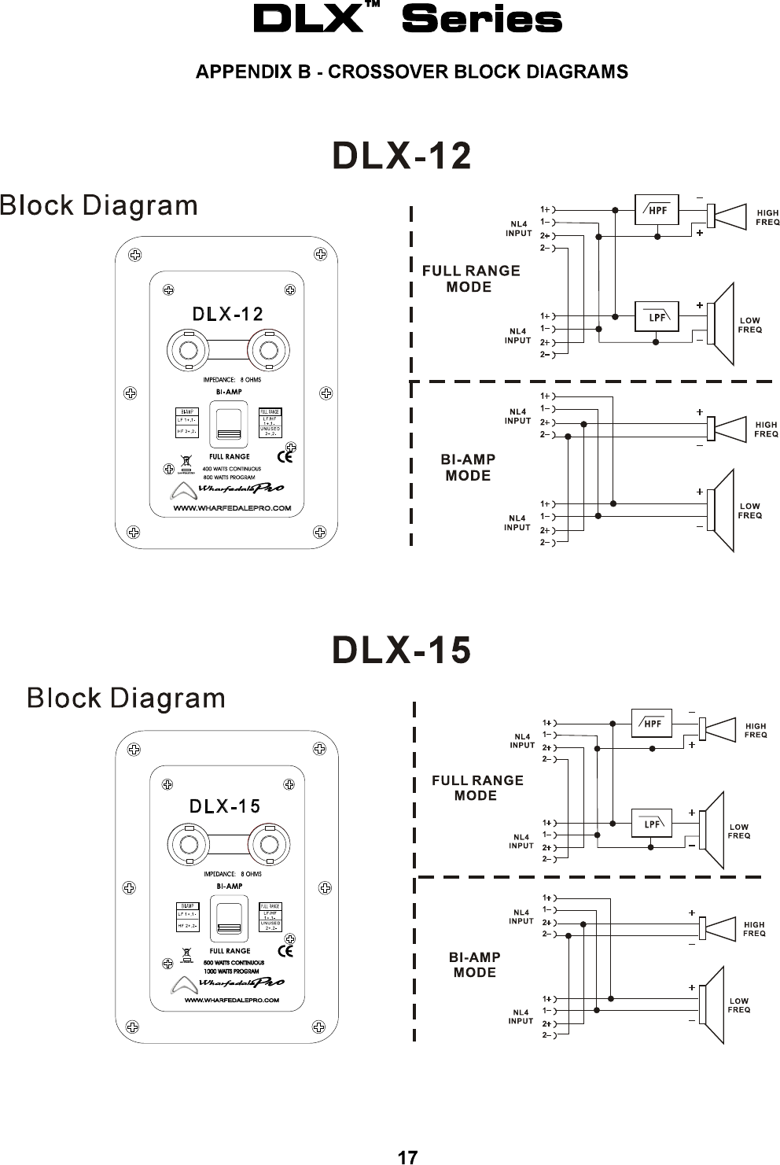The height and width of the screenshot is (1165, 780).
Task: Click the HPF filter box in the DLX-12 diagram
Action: pos(657,209)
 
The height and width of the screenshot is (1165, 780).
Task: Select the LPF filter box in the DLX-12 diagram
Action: pos(657,317)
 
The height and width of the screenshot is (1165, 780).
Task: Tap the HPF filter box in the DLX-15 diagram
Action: pos(652,724)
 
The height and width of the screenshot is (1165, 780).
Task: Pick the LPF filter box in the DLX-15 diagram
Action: pos(652,824)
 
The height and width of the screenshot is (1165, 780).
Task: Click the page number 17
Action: pos(407,1157)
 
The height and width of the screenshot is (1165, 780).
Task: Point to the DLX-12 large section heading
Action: pos(403,156)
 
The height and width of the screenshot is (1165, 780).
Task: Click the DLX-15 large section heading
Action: pos(403,651)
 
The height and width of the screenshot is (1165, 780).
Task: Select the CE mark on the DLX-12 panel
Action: pos(287,455)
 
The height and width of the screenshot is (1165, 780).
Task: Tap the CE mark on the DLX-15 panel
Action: pos(287,950)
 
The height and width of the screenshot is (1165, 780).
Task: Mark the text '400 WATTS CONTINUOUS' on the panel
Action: pos(232,469)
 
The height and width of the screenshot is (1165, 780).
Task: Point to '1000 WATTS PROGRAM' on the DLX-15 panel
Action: pos(231,971)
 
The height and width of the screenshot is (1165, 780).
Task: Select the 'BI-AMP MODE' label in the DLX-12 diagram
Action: pos(468,467)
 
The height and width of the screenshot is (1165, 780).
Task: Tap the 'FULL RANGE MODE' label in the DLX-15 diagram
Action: pos(477,787)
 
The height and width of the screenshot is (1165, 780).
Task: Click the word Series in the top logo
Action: pos(481,21)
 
